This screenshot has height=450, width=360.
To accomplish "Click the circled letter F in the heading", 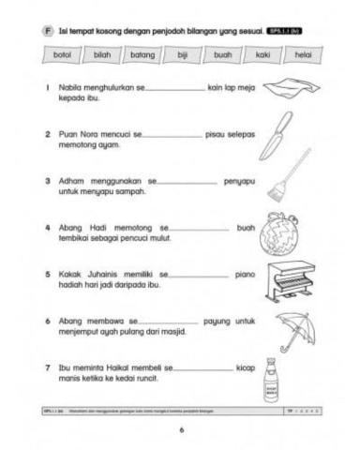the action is point(48,31).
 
